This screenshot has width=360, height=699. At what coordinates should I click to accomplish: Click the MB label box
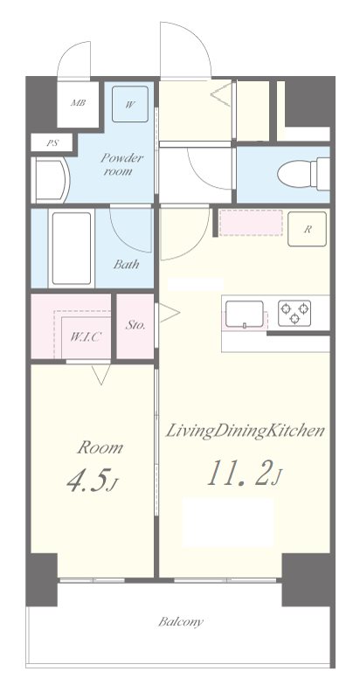point(78,101)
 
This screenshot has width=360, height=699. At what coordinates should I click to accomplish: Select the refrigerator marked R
point(308,229)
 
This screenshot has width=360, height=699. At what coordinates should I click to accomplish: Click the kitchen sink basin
point(246,312)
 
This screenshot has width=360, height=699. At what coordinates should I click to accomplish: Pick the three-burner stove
point(295,312)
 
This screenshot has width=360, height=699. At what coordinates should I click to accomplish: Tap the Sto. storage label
point(135,325)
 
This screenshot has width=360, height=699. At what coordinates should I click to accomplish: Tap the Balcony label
point(181,622)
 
